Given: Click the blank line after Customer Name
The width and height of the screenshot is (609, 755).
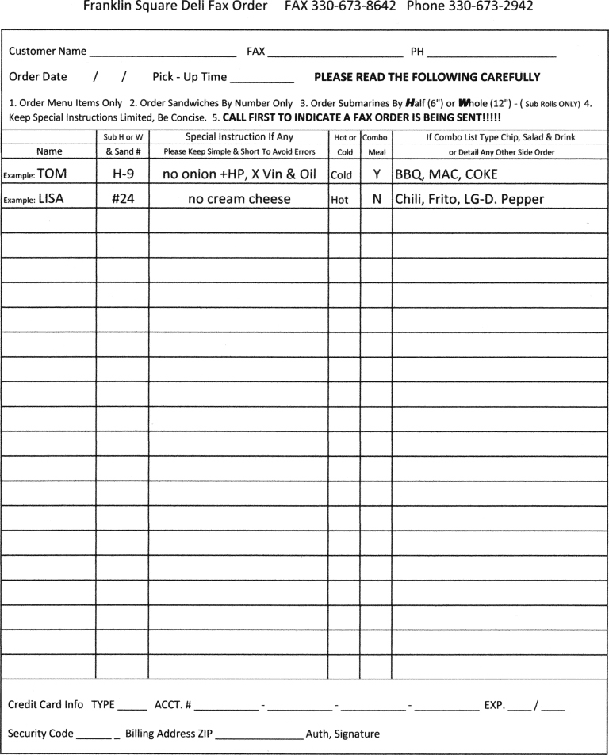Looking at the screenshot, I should pyautogui.click(x=163, y=53).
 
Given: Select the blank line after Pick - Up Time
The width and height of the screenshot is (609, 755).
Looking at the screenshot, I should pyautogui.click(x=262, y=79).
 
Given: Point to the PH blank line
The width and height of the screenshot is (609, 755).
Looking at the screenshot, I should pyautogui.click(x=491, y=53).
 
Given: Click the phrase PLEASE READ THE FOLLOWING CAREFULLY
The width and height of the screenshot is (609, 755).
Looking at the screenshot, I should pyautogui.click(x=427, y=78).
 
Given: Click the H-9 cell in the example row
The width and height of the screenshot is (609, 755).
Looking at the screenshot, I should pyautogui.click(x=122, y=174).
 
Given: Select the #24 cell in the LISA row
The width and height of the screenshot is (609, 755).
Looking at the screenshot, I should pyautogui.click(x=122, y=200).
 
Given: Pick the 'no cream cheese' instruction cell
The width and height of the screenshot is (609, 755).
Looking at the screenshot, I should pyautogui.click(x=239, y=200).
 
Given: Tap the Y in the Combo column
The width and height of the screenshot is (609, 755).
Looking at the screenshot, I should pyautogui.click(x=377, y=174).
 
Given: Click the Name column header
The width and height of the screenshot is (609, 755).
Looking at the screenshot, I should pyautogui.click(x=50, y=151).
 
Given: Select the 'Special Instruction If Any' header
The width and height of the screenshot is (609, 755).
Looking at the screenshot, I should pyautogui.click(x=239, y=137).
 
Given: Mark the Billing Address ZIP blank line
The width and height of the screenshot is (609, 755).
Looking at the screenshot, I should pyautogui.click(x=259, y=735).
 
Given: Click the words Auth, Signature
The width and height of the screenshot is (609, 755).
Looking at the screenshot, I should pyautogui.click(x=343, y=734).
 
